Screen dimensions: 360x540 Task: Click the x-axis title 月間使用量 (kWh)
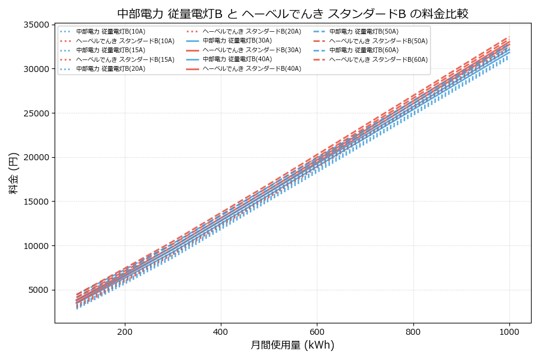[293, 345]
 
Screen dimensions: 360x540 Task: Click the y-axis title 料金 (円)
[13, 173]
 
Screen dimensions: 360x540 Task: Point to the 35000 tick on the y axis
[36, 25]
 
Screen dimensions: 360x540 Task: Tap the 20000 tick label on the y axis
[36, 157]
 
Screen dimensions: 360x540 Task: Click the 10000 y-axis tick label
[36, 246]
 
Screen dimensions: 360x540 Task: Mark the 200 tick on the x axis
[125, 331]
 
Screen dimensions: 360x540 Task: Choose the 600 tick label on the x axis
[317, 331]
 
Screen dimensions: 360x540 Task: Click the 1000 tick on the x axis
[509, 331]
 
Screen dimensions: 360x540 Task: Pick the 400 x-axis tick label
[221, 331]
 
